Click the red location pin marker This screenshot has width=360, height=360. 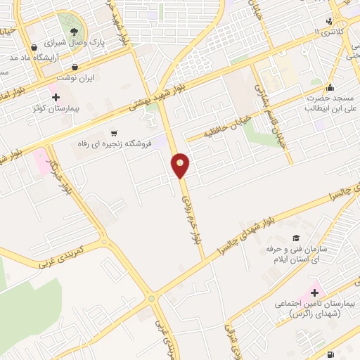(x=181, y=165)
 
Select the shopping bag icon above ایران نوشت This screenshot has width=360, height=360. (x=74, y=67)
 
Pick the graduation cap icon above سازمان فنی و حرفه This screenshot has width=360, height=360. (x=296, y=239)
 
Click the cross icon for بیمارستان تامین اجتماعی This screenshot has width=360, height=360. (x=314, y=292)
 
